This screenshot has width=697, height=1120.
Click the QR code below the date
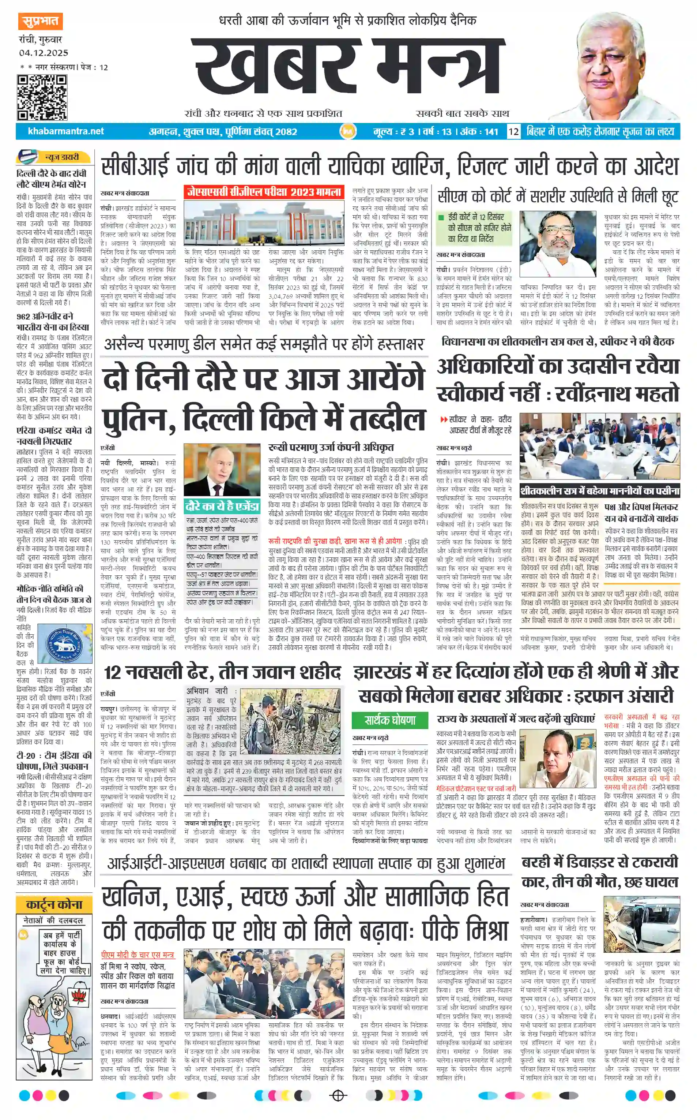tap(42, 97)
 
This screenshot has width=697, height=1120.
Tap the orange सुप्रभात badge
tap(41, 21)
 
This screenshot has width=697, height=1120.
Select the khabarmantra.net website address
tap(66, 131)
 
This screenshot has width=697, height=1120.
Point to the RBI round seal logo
tap(65, 643)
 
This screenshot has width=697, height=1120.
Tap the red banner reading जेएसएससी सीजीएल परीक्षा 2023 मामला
tap(264, 192)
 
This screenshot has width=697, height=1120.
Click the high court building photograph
tap(264, 224)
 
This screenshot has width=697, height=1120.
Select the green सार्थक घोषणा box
tap(390, 720)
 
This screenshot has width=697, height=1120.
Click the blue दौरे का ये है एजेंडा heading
tap(222, 507)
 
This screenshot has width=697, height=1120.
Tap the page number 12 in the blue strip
tap(513, 131)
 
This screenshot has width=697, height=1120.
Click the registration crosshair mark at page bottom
tap(338, 1095)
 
